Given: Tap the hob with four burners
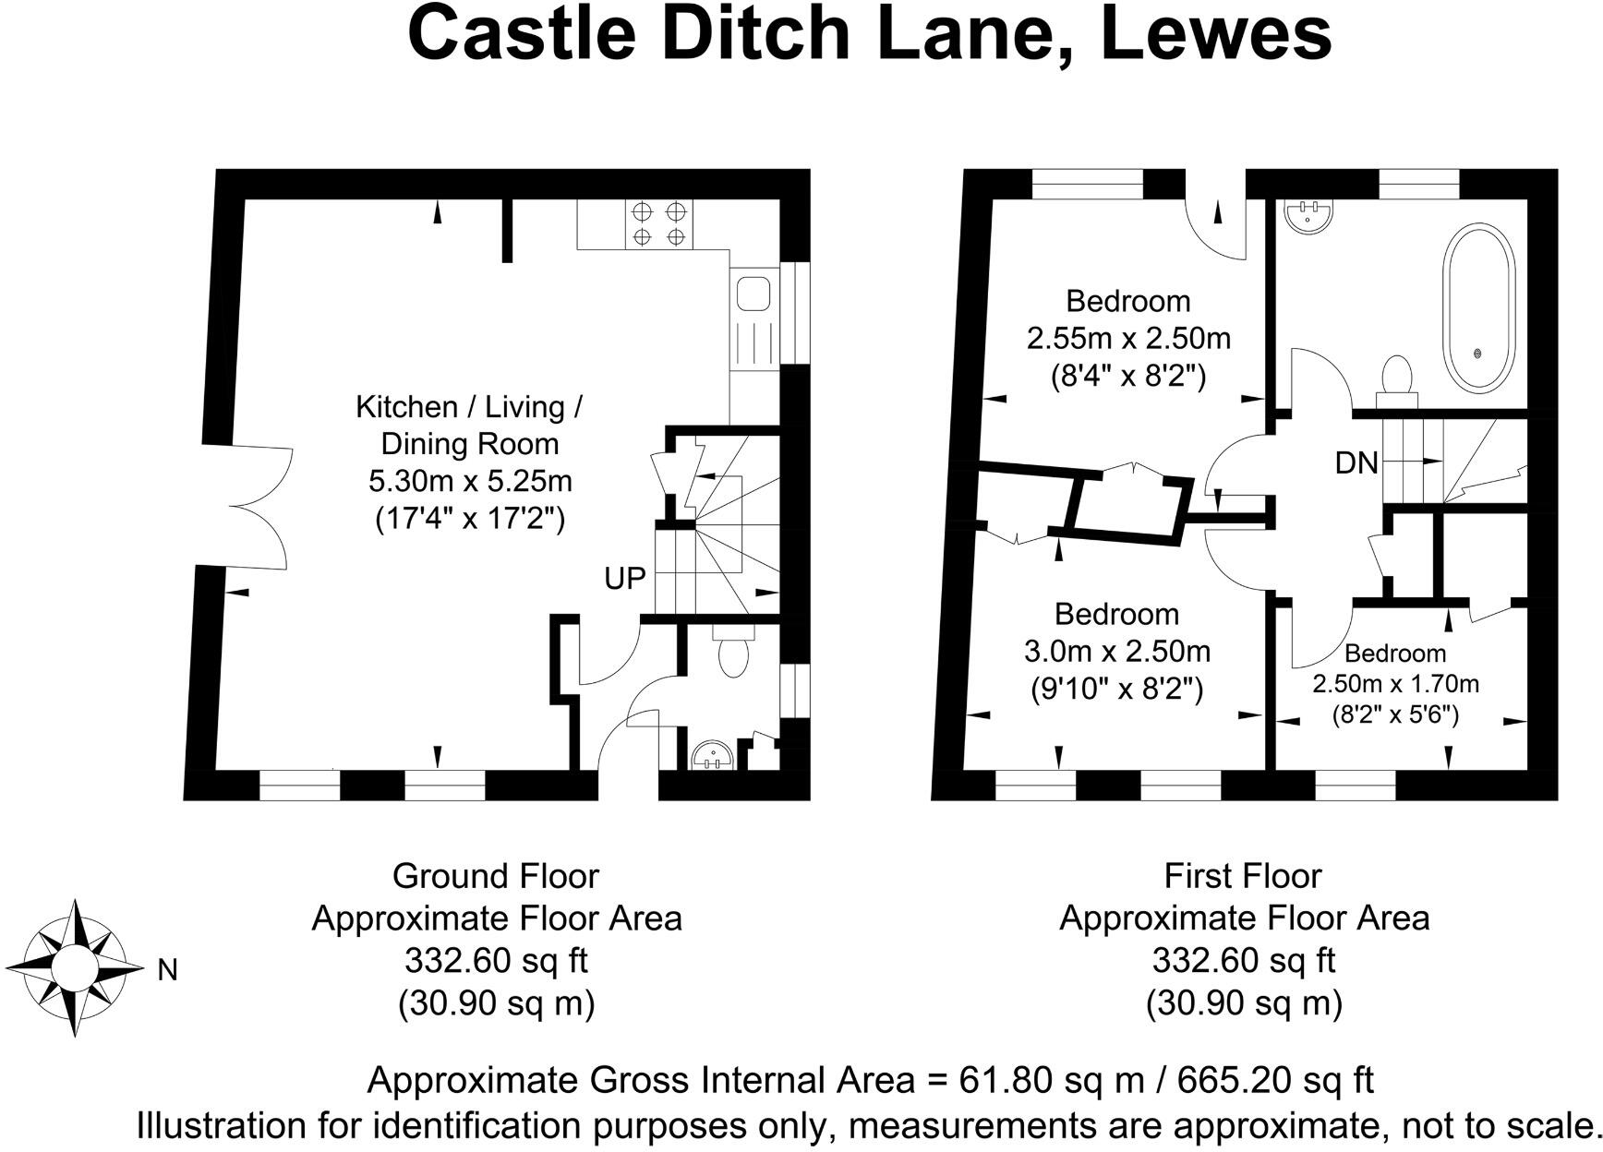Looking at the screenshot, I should pos(658,223).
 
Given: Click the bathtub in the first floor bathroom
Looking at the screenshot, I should pos(1477,309).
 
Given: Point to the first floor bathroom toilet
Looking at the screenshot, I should pos(1396,379).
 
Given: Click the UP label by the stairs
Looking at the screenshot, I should pos(624,579).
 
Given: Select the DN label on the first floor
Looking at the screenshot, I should pos(1356,462).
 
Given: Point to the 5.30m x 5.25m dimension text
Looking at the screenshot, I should pos(470,482).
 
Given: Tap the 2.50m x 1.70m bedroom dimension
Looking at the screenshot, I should pos(1395,684).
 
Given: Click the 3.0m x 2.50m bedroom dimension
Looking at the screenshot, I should pos(1116,652).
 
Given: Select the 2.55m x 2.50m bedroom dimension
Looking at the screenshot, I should pos(1128,338).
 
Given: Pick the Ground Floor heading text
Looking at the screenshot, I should pos(496,875).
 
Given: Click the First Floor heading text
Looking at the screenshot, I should pos(1243,875).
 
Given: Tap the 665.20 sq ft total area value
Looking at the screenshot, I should pos(1276,1079).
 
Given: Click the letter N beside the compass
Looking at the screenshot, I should pos(167,970).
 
